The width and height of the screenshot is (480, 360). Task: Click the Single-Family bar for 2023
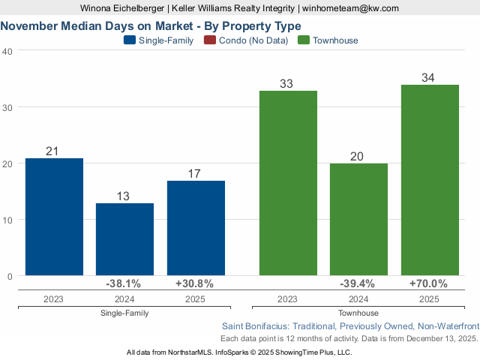click(x=54, y=217)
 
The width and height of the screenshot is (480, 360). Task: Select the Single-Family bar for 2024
click(x=124, y=239)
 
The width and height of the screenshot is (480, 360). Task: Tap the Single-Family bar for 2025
click(x=196, y=228)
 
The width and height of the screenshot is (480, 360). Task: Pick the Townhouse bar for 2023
click(x=288, y=183)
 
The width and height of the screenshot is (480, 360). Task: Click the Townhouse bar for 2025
click(x=429, y=180)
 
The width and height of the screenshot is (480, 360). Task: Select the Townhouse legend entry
click(x=328, y=40)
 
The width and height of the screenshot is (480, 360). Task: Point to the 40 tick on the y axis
click(x=7, y=51)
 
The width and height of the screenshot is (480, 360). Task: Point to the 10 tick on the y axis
click(x=7, y=220)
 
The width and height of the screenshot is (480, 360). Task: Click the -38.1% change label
click(x=124, y=283)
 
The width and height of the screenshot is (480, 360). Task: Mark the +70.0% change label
click(x=429, y=283)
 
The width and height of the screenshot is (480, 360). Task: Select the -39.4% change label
click(x=358, y=283)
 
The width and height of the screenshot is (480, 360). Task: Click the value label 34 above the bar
click(x=429, y=77)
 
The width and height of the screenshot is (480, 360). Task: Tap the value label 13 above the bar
click(x=124, y=196)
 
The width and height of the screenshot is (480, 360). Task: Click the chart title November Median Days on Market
click(x=151, y=25)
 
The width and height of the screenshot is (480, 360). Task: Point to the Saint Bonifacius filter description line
click(x=350, y=326)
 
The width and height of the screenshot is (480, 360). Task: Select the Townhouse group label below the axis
click(x=358, y=313)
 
